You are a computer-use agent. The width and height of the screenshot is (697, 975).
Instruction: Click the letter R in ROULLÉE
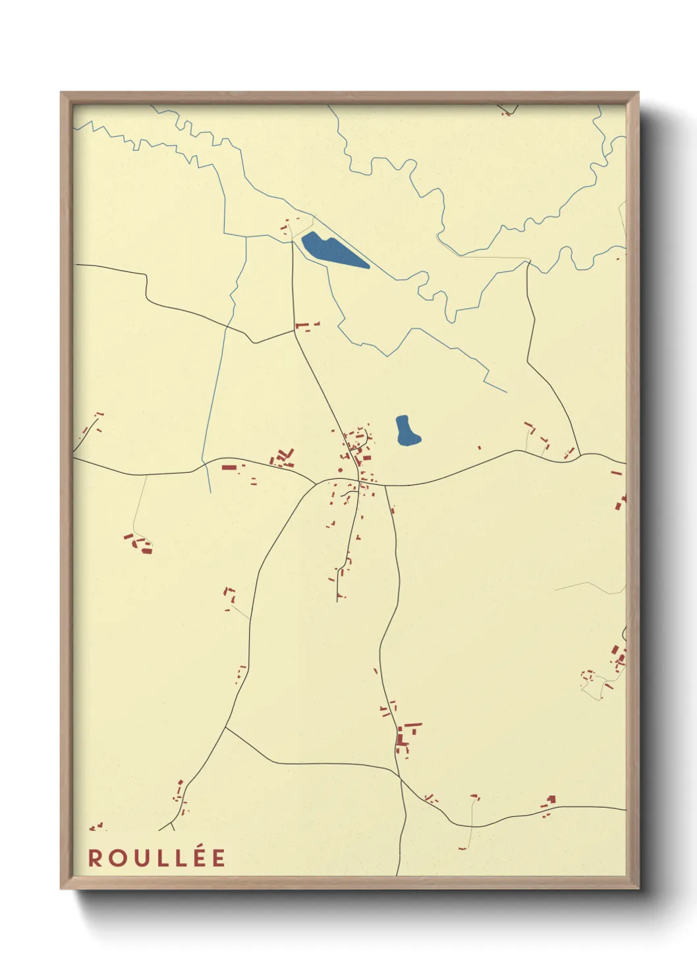click(x=95, y=858)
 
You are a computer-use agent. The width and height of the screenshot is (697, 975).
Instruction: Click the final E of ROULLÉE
click(x=219, y=858)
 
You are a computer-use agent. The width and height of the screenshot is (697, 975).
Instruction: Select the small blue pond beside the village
click(x=406, y=432)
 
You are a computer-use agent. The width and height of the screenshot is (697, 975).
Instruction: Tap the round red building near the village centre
click(x=340, y=470)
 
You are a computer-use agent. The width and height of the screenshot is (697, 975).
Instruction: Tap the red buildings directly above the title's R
click(x=96, y=826)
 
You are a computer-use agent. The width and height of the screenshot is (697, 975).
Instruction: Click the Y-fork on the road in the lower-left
click(x=172, y=822)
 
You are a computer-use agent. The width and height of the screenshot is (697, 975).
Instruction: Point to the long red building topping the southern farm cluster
click(x=412, y=725)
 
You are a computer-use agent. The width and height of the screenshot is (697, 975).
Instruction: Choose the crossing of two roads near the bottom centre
click(x=400, y=778)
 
